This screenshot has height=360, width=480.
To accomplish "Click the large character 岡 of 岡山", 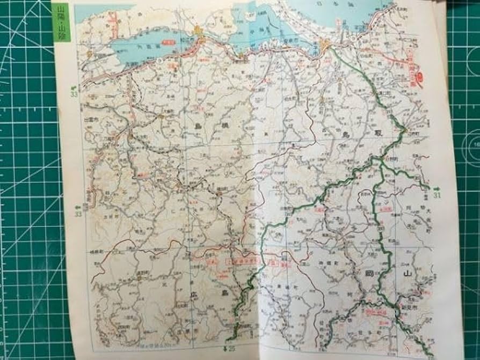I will pyautogui.click(x=368, y=274).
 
